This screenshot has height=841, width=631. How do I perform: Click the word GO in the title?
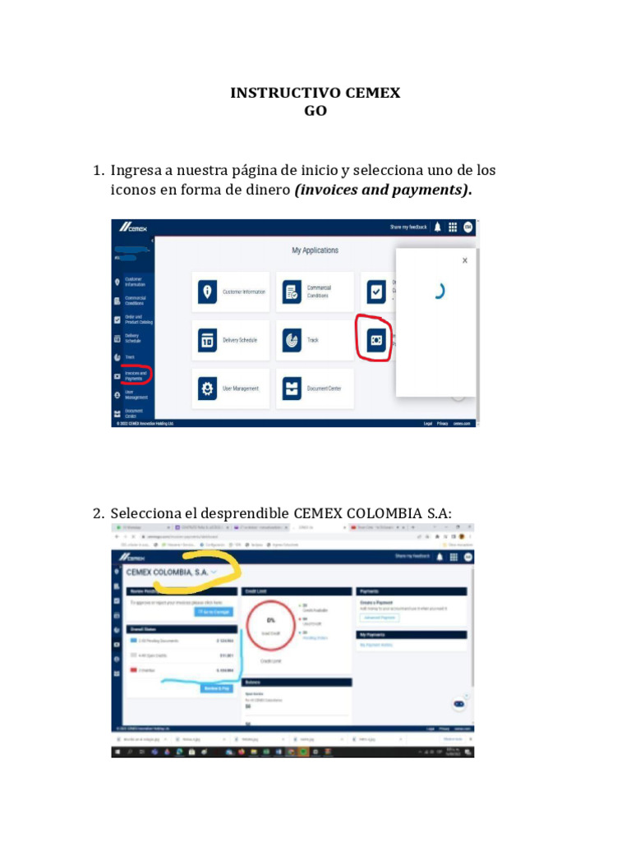click(315, 110)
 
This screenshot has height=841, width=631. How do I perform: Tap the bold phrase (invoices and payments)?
click(383, 190)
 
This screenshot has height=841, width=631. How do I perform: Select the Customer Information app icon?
click(208, 292)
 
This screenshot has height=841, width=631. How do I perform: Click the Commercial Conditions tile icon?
click(291, 292)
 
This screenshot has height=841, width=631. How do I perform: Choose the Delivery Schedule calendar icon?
click(208, 340)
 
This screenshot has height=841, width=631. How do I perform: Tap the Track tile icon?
click(291, 340)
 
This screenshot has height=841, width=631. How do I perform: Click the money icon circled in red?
click(376, 339)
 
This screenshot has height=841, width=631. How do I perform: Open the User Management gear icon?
click(208, 388)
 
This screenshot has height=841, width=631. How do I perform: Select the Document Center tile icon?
click(291, 388)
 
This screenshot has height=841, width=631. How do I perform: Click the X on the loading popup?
click(464, 260)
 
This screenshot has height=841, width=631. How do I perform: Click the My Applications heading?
click(315, 250)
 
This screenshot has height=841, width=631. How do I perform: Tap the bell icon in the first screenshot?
click(437, 227)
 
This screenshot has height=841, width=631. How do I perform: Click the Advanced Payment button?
click(380, 617)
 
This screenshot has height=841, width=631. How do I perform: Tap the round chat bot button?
click(459, 704)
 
